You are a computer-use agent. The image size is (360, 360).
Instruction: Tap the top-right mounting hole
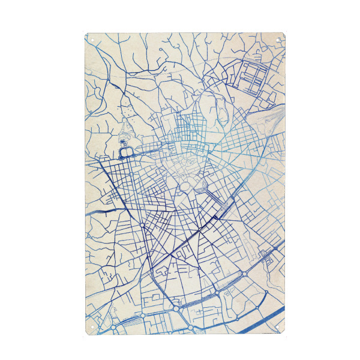tap(280, 39)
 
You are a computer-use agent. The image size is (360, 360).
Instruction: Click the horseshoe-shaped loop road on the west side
tap(125, 150)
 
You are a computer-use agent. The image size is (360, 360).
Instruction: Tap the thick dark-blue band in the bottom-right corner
tap(264, 324)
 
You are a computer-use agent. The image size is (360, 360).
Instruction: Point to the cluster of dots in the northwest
tap(125, 110)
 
